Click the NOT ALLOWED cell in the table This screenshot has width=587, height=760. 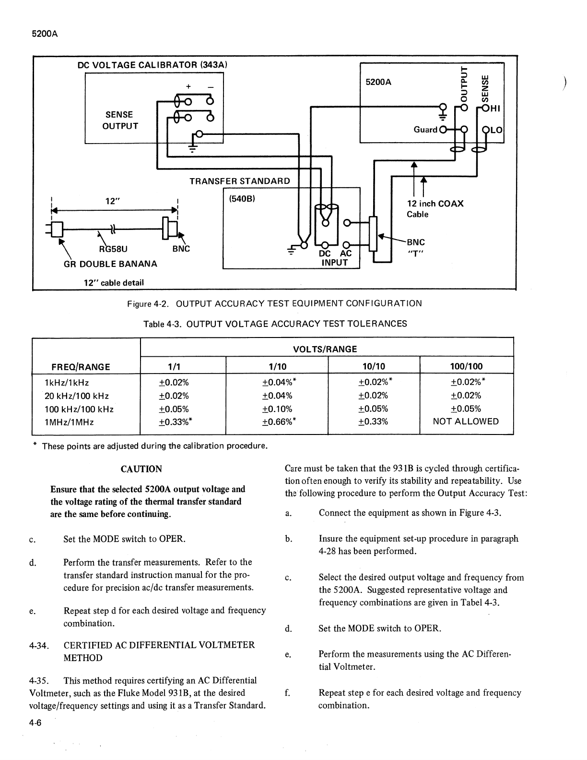(x=466, y=422)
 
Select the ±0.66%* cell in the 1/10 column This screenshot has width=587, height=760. (x=279, y=422)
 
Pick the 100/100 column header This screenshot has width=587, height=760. (x=466, y=367)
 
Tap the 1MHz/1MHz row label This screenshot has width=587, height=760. (x=69, y=422)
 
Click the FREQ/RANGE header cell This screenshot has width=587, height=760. (x=81, y=367)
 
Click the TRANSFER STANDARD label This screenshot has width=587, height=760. (x=239, y=181)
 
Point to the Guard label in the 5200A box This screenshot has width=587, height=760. (x=425, y=130)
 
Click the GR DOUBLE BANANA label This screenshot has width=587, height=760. (x=110, y=264)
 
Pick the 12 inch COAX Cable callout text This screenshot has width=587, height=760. (x=435, y=209)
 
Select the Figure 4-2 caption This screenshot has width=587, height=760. (x=274, y=303)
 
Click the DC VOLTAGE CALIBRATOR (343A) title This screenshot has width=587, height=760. (x=153, y=65)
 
